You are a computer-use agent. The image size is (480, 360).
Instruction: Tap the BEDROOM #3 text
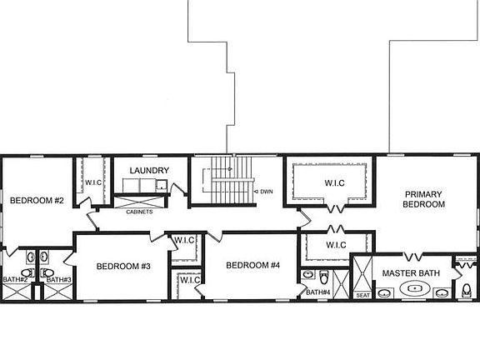[x=122, y=267]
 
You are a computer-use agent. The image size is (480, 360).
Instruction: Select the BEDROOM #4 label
[x=253, y=266]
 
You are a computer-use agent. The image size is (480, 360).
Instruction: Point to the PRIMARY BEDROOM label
[x=423, y=199]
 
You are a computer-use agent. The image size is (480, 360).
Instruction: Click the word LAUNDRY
[x=150, y=171]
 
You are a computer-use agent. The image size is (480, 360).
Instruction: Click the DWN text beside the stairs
[x=266, y=192]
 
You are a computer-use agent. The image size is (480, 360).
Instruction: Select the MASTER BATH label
[x=410, y=273]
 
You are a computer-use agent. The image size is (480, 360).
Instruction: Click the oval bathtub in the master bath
[x=414, y=289]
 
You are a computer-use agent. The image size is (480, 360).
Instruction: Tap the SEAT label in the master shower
[x=362, y=295]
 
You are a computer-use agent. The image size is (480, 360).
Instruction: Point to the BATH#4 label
[x=318, y=292]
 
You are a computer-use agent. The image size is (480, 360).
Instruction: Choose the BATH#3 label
[x=58, y=279]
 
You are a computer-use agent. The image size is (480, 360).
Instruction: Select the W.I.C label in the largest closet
[x=329, y=182]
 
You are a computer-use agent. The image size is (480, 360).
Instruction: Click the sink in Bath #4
[x=307, y=274]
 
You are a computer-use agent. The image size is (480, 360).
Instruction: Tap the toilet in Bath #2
[x=26, y=272]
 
